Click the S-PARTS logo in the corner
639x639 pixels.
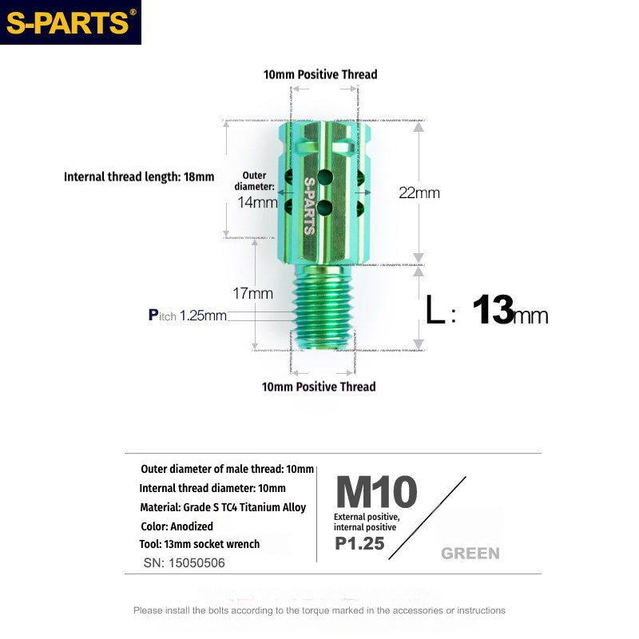(x=70, y=22)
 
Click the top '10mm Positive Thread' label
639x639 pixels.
(x=320, y=74)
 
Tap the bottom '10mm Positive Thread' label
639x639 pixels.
(x=319, y=387)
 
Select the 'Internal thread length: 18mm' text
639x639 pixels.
(x=139, y=177)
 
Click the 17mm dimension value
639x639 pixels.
(x=255, y=293)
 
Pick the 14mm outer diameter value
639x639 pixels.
(x=257, y=202)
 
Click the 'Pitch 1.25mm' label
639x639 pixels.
(x=188, y=316)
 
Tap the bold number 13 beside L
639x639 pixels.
(x=492, y=310)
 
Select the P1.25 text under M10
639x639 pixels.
(x=359, y=544)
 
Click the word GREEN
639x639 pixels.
(x=470, y=554)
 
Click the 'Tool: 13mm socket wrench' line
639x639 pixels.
(x=199, y=544)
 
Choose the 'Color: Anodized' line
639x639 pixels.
(x=176, y=526)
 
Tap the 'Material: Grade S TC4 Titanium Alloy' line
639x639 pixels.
(x=223, y=507)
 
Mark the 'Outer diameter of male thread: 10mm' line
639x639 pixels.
(x=227, y=470)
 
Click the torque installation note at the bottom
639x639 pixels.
(x=319, y=610)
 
